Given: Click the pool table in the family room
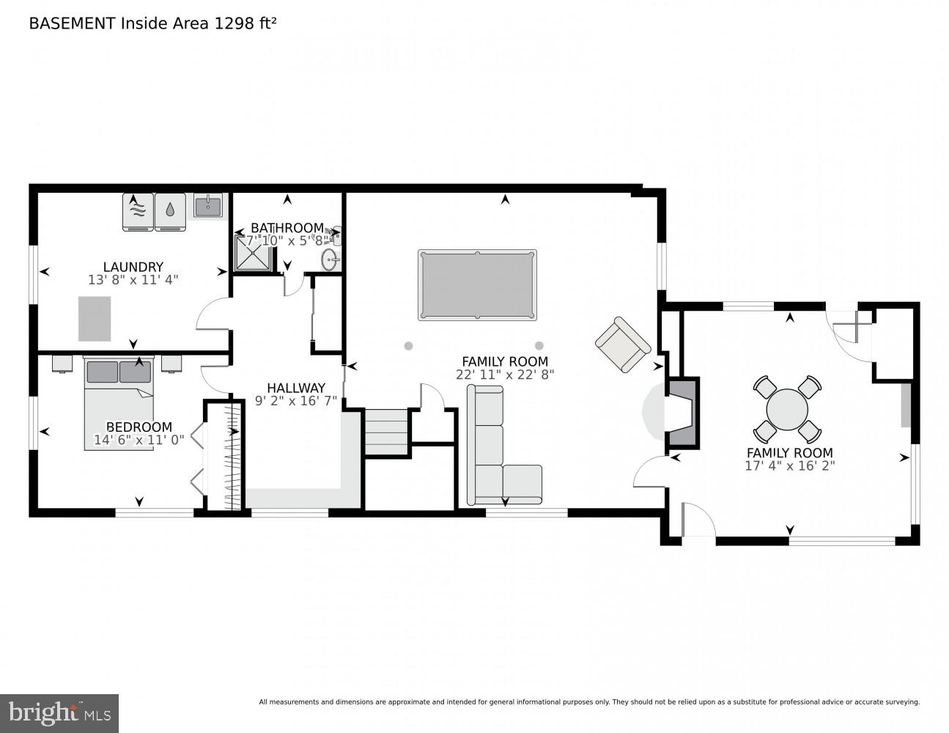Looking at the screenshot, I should [476, 285].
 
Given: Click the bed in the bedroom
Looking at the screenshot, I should [119, 403].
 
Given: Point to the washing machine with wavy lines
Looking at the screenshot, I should [138, 212].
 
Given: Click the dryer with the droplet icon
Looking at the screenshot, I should [170, 212].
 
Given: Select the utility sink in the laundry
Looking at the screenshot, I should [208, 205].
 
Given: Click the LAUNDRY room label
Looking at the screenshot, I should [133, 267].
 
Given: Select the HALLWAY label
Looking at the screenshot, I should [295, 388].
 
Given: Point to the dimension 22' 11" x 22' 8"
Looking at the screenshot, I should [504, 374].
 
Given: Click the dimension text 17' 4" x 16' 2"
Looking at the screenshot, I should [789, 465].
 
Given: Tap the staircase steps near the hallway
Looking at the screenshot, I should [386, 432].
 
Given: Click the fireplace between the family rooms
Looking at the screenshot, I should [682, 412].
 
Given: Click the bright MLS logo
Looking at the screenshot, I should [59, 713].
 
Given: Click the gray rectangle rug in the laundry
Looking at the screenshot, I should [95, 319].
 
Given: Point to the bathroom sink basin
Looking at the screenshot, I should [331, 259].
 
